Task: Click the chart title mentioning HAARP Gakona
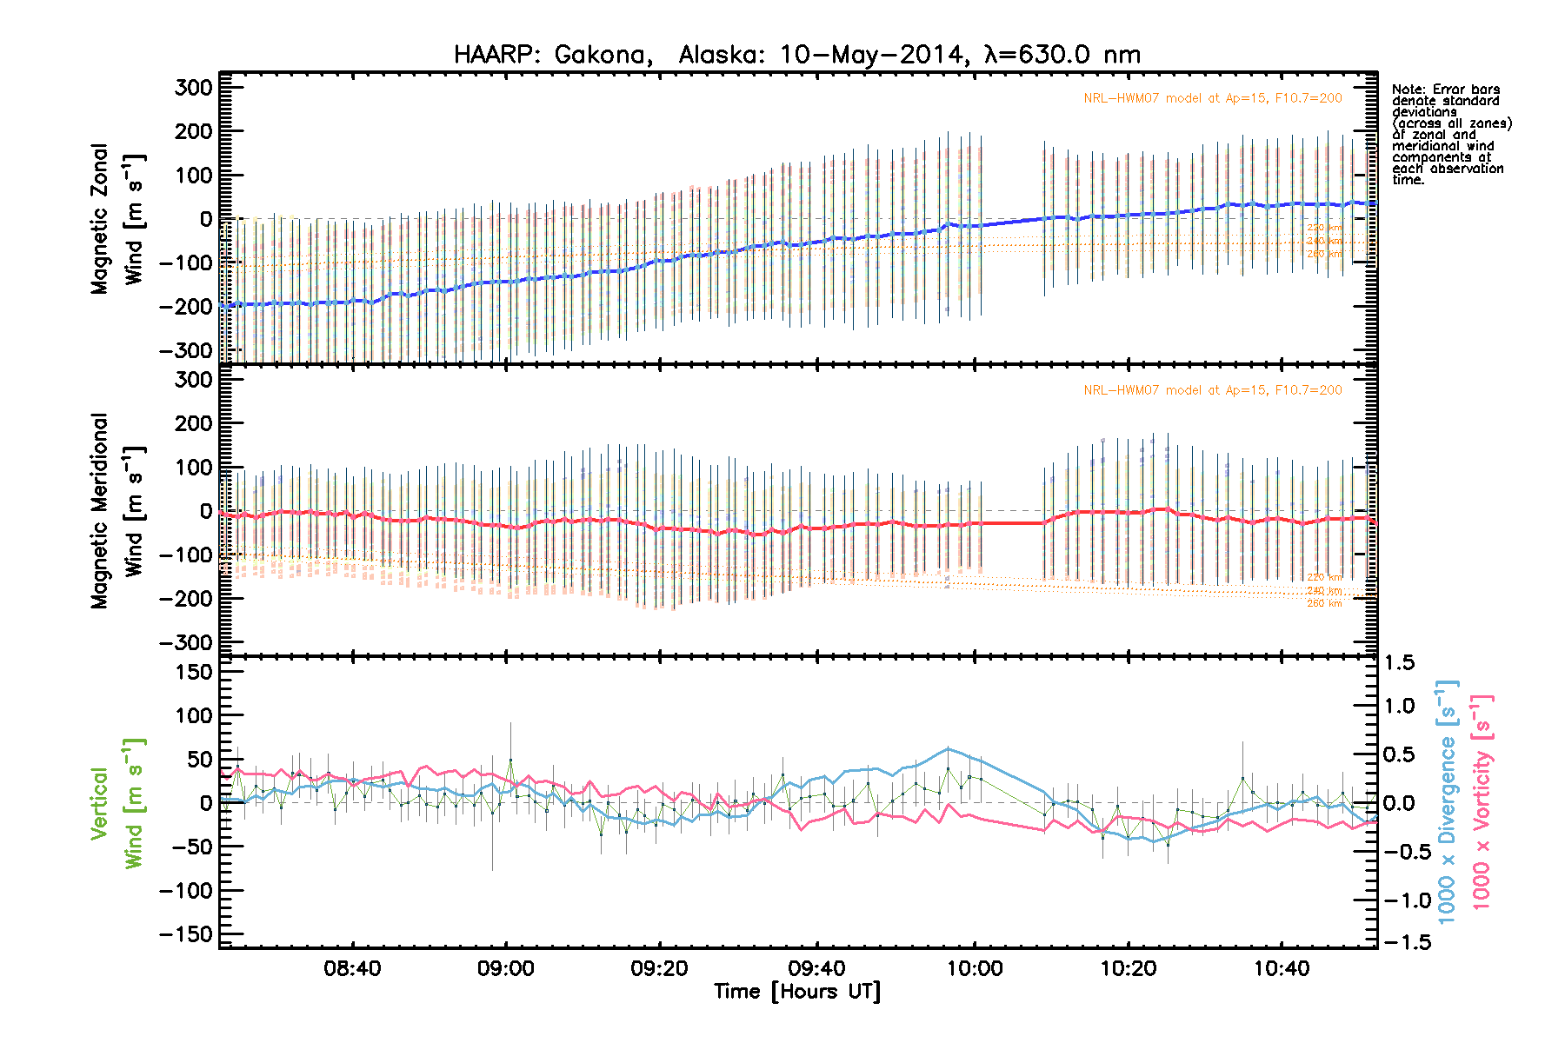796,55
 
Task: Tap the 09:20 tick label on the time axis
660,968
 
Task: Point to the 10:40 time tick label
1282,968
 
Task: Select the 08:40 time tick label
352,968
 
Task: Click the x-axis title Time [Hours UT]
796,992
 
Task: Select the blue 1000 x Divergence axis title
1447,801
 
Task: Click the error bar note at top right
1450,135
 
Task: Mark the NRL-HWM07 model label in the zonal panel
1212,98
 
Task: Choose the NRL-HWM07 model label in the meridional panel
1212,390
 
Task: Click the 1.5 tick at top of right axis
1399,663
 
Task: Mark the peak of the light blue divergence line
948,748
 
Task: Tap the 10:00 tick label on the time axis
974,968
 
